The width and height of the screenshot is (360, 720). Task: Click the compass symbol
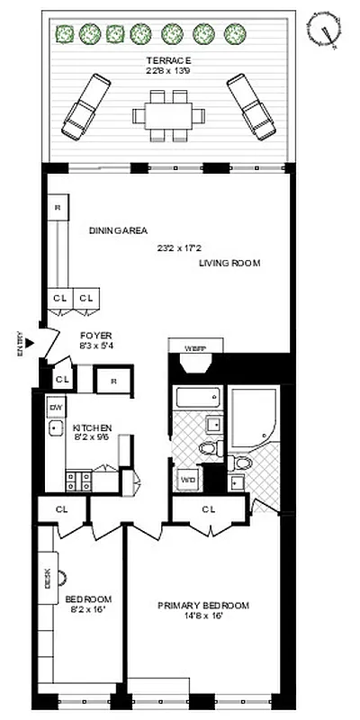[x=326, y=29]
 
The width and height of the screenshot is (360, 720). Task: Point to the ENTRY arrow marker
[x=29, y=343]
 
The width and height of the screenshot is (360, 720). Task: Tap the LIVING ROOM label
[x=230, y=264]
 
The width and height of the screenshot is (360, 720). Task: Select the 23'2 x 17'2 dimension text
[x=180, y=247]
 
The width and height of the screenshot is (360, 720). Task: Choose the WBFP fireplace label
[x=195, y=347]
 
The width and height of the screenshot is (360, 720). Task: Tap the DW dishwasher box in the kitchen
[x=55, y=407]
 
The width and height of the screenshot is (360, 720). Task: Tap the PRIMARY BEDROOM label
[x=203, y=605]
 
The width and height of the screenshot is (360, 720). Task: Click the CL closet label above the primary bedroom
[x=209, y=509]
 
